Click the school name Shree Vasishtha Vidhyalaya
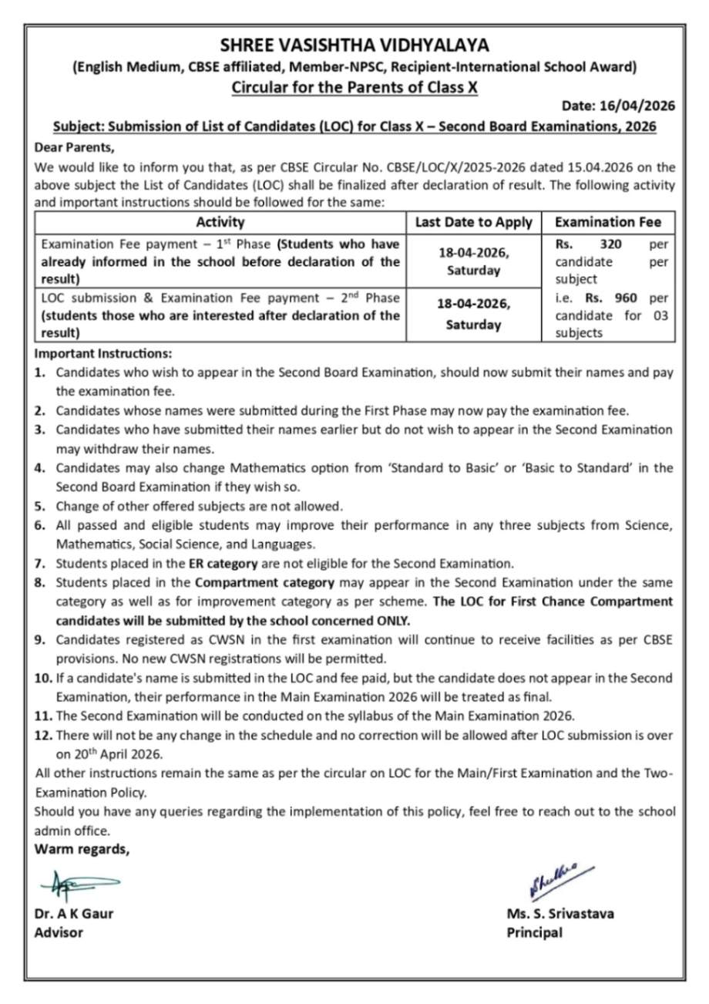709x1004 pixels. tap(354, 45)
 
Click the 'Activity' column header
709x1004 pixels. tap(220, 222)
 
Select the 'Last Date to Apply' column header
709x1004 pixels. tap(473, 222)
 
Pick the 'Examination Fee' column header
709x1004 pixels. tap(607, 222)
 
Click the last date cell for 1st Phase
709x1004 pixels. tap(473, 261)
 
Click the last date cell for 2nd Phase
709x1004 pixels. tap(473, 315)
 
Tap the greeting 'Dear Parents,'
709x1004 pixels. tap(74, 147)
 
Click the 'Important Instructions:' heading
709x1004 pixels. tap(103, 354)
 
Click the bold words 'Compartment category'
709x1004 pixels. tap(264, 582)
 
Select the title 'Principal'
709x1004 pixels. tap(534, 932)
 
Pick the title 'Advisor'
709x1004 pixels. tap(59, 932)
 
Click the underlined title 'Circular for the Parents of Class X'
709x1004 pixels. tap(354, 87)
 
